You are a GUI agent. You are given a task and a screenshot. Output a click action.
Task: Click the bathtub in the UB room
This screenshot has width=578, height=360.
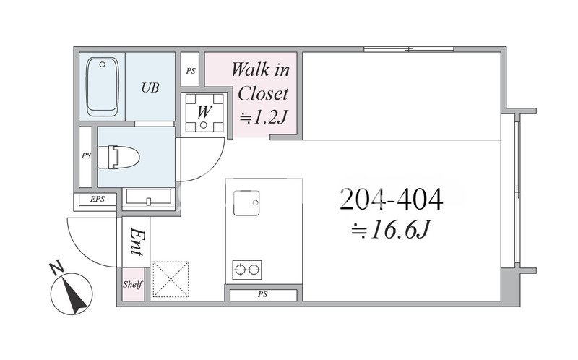pos(103,86)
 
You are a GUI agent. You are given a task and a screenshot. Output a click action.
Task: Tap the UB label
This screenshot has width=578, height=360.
pos(150,87)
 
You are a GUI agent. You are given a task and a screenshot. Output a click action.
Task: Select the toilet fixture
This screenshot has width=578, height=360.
pos(118,157)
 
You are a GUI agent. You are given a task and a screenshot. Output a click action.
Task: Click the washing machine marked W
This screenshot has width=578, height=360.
pos(204,113)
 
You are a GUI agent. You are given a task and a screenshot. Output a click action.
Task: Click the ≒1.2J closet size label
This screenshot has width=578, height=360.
pos(263,118)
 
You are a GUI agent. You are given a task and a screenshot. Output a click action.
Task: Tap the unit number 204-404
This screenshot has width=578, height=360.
pos(391,200)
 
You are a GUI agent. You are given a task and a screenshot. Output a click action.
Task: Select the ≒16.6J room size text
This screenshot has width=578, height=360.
pos(391,230)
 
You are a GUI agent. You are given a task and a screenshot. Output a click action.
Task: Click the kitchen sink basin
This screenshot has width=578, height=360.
pos(246,203)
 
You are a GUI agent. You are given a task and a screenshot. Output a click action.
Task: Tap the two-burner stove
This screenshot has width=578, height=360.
pos(247,270)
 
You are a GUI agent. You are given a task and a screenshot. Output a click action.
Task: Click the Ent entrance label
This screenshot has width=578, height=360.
pos(137,241)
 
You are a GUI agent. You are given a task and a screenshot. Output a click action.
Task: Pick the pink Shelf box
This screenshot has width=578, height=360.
pos(133,284)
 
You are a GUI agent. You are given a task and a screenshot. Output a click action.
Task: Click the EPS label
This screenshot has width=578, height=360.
pos(98,200)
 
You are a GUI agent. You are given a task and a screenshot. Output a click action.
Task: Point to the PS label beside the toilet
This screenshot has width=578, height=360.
pos(86,156)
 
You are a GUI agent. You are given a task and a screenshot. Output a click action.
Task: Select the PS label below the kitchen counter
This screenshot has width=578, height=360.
pos(262,295)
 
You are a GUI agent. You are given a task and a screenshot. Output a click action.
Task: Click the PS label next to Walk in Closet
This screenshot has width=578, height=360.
pos(191,71)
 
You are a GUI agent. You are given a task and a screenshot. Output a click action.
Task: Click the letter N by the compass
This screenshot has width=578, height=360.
pos(56,268)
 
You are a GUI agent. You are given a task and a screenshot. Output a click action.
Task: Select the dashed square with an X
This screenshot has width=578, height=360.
pos(171,279)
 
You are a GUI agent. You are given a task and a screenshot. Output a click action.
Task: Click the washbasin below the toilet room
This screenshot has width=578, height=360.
pos(149,197)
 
